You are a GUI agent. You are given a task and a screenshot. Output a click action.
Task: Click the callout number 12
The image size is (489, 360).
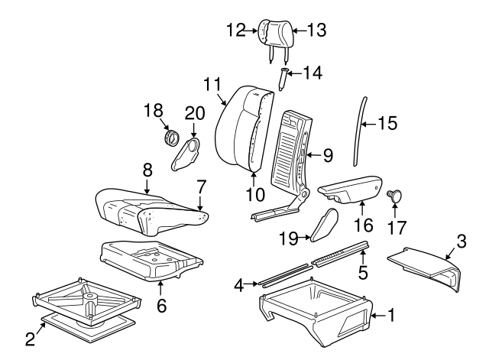236,30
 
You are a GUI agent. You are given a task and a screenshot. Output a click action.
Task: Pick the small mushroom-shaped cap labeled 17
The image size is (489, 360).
397,195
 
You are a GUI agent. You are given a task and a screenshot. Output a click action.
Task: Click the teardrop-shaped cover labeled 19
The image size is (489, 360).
324,225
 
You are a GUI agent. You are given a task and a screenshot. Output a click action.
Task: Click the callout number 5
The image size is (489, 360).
364,271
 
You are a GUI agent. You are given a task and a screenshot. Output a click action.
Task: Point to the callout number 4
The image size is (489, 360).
239,285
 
